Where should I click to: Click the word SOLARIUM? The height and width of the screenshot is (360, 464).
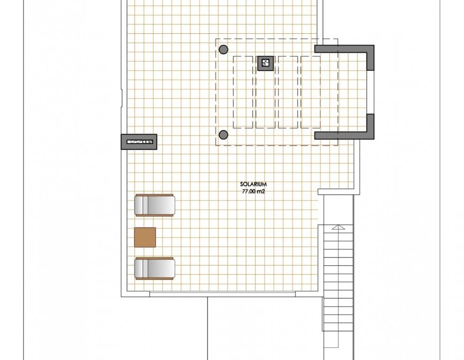click(x=253, y=184)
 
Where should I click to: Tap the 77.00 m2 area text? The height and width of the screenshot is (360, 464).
click(x=253, y=191)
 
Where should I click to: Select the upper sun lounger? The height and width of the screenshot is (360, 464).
click(x=154, y=205)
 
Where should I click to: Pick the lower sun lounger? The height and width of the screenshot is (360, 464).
click(x=154, y=269)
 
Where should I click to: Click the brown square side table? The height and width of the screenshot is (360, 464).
click(x=145, y=237)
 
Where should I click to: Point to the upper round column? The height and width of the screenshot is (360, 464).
click(x=223, y=49)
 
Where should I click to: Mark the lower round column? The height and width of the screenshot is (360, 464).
click(x=223, y=135)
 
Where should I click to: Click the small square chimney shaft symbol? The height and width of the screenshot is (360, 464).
click(x=266, y=63)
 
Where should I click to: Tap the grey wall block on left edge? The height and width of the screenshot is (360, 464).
click(x=139, y=142)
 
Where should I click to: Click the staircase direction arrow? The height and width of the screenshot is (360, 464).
click(x=339, y=227)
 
